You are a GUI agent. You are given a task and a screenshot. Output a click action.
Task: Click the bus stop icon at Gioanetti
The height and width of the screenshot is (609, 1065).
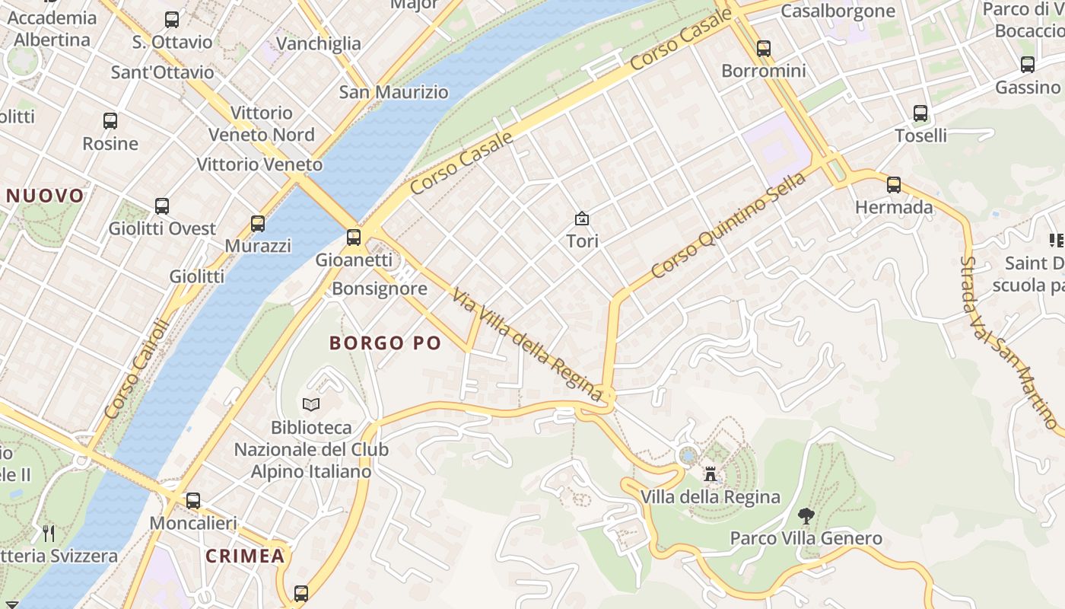click(354, 237)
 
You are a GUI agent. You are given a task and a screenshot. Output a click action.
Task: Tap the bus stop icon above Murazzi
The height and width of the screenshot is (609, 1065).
click(258, 223)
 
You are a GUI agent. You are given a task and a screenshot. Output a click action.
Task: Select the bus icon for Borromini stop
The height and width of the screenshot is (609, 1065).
click(764, 49)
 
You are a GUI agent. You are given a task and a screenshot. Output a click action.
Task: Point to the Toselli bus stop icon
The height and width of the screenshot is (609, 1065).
click(920, 113)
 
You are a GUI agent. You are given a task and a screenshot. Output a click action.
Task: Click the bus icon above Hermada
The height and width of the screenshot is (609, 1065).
click(894, 184)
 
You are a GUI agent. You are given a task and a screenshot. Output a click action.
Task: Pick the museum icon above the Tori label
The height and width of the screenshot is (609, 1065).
click(582, 219)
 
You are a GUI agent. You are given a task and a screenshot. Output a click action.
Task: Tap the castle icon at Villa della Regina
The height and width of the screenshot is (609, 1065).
click(711, 474)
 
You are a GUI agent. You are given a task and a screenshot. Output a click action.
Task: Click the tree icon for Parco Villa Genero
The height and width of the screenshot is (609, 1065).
click(806, 516)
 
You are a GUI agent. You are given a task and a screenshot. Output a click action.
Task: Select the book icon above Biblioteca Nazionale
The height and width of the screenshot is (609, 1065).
click(311, 404)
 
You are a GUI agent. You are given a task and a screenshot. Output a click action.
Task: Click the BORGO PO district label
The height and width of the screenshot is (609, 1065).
click(385, 343)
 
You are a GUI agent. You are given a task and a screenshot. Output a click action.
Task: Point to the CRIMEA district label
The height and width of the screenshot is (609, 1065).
click(245, 556)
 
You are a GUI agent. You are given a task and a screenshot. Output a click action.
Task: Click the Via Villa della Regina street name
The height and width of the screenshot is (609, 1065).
click(526, 343)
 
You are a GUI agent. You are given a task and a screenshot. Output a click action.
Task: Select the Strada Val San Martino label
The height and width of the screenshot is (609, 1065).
click(1007, 343)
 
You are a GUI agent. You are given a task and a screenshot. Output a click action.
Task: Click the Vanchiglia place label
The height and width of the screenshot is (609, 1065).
click(319, 43)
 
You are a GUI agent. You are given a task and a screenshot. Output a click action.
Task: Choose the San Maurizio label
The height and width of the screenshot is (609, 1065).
click(393, 92)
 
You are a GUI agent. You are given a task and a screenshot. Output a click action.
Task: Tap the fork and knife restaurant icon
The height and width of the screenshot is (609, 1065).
click(49, 532)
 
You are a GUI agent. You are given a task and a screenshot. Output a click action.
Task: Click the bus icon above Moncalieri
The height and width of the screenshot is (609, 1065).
click(193, 501)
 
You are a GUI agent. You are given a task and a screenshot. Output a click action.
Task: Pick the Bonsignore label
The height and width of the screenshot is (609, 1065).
click(380, 289)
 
